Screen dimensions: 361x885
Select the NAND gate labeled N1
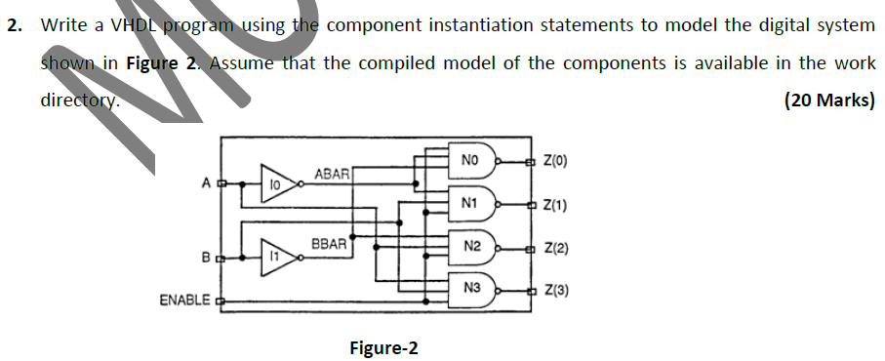[474, 203]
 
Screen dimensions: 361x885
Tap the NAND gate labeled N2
[474, 247]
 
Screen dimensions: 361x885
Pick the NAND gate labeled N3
[474, 289]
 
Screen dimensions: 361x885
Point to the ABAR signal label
[331, 173]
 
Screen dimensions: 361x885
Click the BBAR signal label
[329, 243]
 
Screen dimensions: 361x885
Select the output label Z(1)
[552, 206]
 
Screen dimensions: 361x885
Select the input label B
[206, 258]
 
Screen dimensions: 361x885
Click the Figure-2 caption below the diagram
[382, 347]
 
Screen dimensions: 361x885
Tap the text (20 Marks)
[828, 100]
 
